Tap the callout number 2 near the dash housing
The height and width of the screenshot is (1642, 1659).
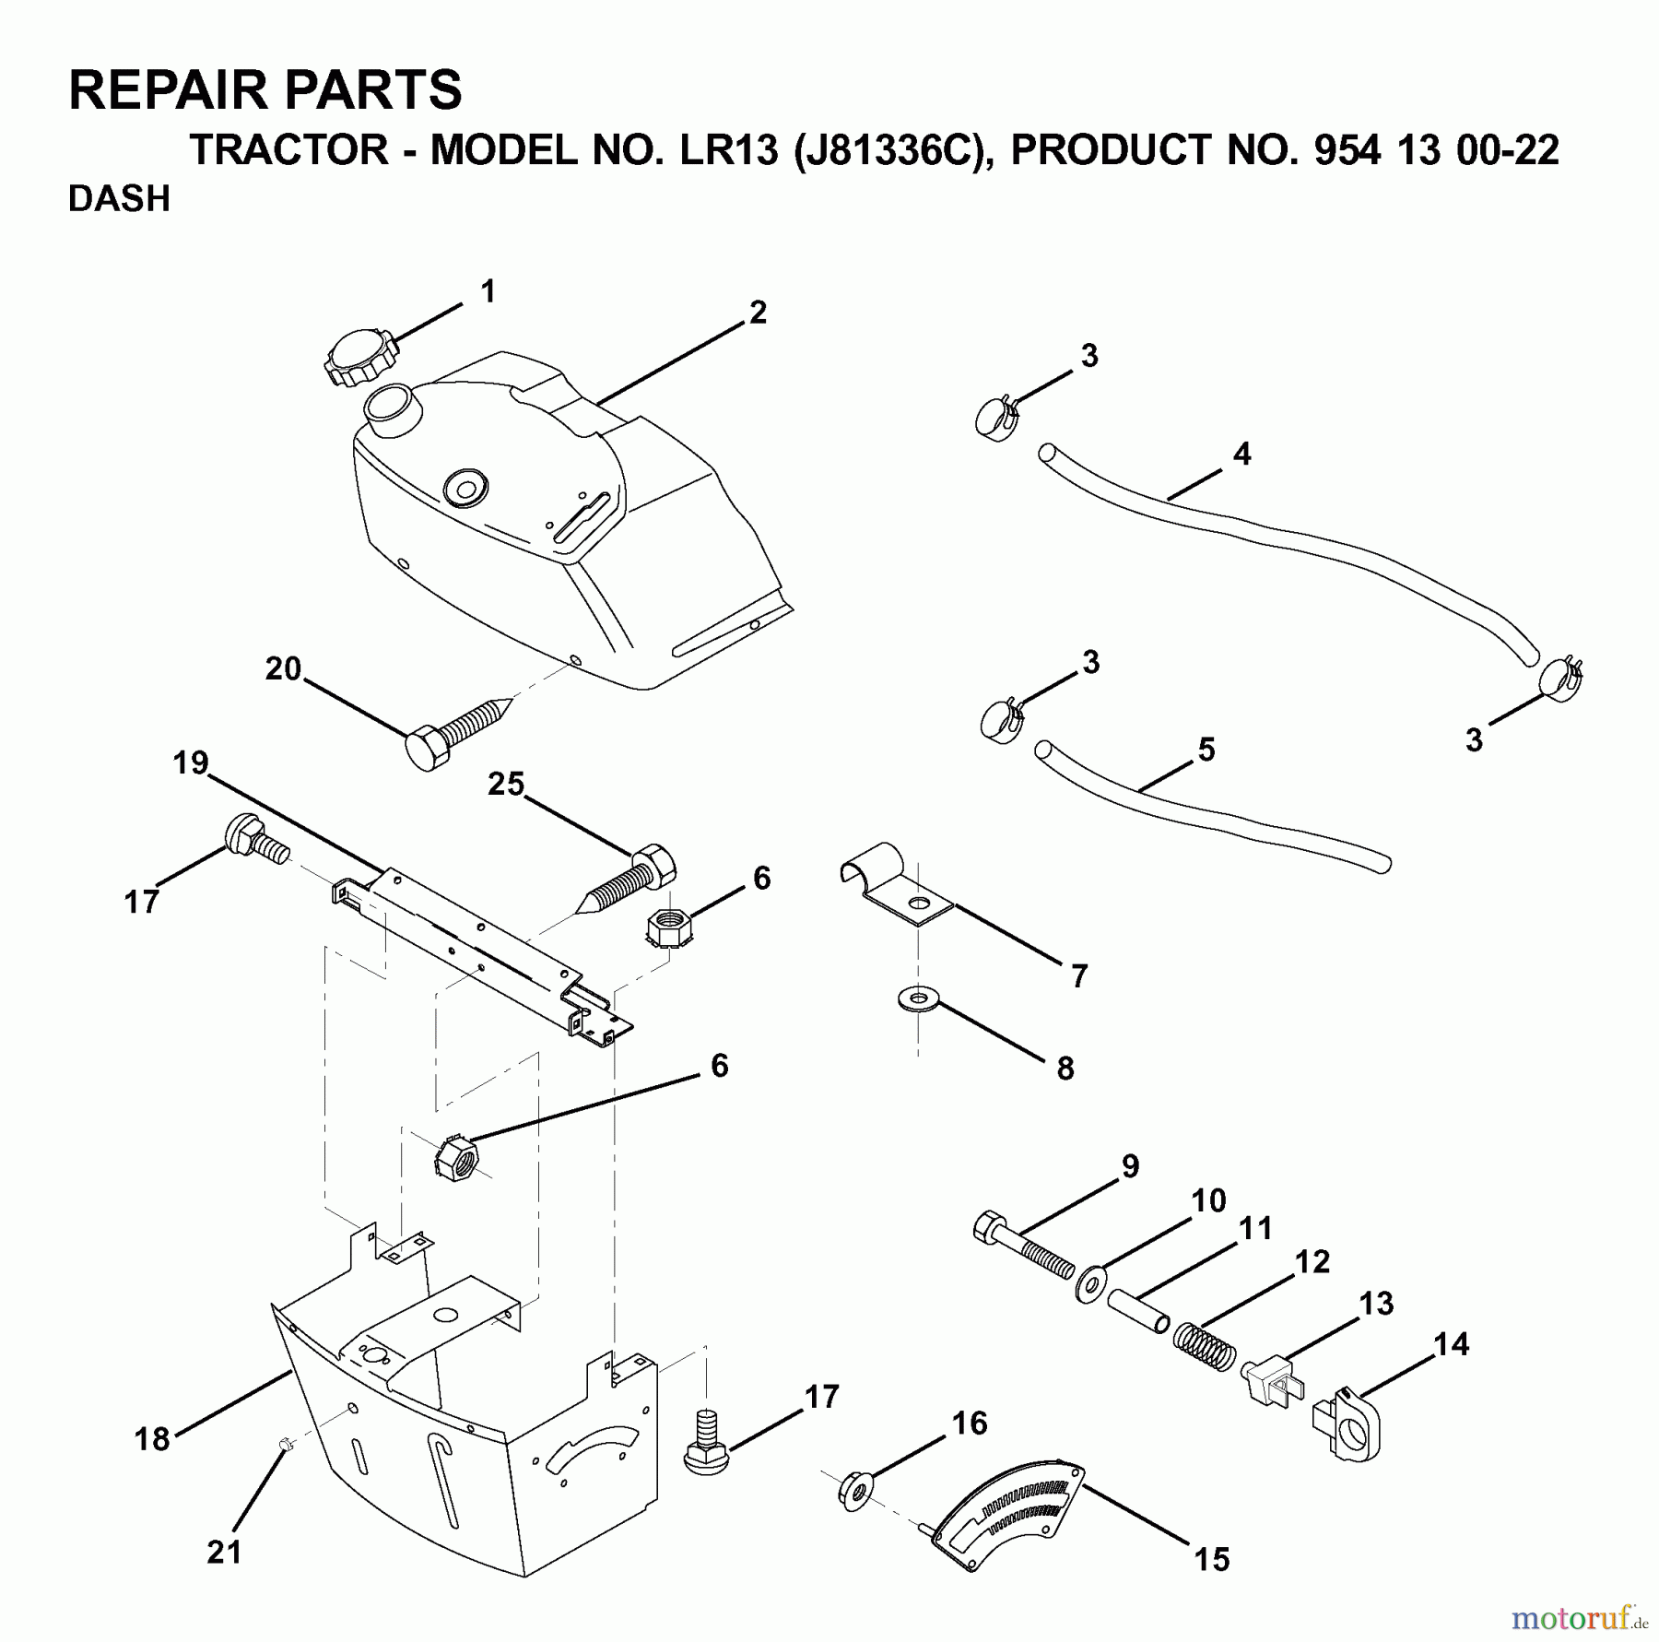[x=758, y=313]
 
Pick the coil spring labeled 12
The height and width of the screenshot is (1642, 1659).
[x=1205, y=1347]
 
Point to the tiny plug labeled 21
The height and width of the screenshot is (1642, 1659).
[x=286, y=1444]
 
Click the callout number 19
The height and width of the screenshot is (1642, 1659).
[x=191, y=763]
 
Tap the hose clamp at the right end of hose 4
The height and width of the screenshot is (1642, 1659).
[x=1560, y=680]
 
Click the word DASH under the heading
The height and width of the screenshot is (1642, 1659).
[x=119, y=199]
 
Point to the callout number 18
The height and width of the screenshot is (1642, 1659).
[x=152, y=1438]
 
